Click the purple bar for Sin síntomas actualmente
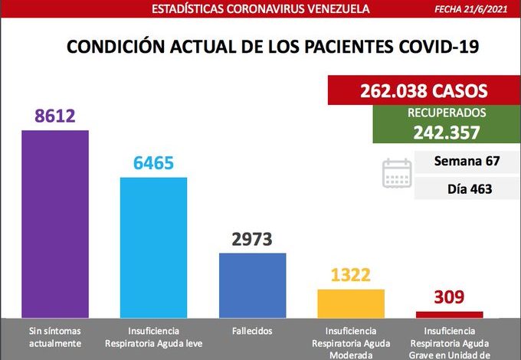tap(55, 222)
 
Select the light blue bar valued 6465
tap(153, 246)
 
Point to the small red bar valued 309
tap(449, 314)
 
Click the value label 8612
tap(55, 116)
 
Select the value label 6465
tap(153, 163)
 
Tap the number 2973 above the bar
tap(252, 240)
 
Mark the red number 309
tap(449, 298)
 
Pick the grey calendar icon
tap(397, 173)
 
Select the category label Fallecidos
tap(252, 332)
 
